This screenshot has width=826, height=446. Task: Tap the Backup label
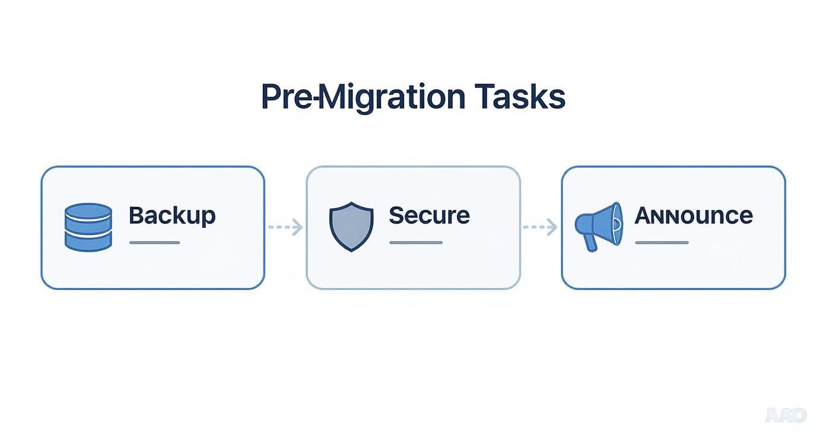point(172,215)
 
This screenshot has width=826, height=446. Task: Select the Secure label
point(429,215)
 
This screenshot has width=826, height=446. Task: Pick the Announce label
point(694,215)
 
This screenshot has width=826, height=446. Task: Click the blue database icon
point(88,227)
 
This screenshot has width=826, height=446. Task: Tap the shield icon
point(351,226)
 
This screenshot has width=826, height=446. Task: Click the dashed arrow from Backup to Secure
point(285,227)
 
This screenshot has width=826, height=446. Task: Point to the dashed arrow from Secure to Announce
point(540,227)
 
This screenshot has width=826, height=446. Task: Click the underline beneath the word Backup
point(154,243)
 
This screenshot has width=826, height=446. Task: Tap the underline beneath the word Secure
point(415,243)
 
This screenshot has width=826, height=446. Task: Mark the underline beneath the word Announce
point(662,243)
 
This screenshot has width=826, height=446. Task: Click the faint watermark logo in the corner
point(786,415)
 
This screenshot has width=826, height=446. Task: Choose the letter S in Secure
point(396,215)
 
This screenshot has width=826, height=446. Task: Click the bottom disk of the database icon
point(88,241)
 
